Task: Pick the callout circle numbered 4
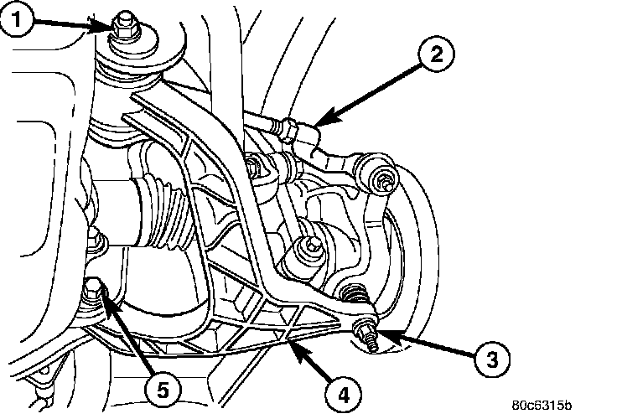[x=345, y=391]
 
